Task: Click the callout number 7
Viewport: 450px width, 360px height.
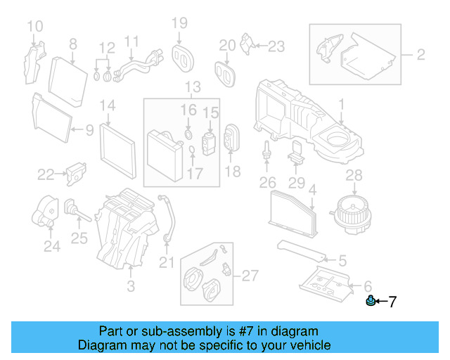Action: (x=392, y=302)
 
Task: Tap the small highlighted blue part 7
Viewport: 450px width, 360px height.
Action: (x=369, y=302)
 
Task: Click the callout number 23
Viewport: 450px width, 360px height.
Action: (x=276, y=46)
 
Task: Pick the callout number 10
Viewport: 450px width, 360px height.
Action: (x=34, y=27)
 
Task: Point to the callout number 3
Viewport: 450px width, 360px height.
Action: (x=130, y=285)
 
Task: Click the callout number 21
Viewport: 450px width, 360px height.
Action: (x=165, y=263)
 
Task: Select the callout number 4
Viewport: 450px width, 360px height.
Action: (x=313, y=188)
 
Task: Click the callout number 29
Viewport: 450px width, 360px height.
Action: (x=297, y=184)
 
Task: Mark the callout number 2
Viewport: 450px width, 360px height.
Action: (x=420, y=53)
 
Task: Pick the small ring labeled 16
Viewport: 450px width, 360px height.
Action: (x=188, y=133)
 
